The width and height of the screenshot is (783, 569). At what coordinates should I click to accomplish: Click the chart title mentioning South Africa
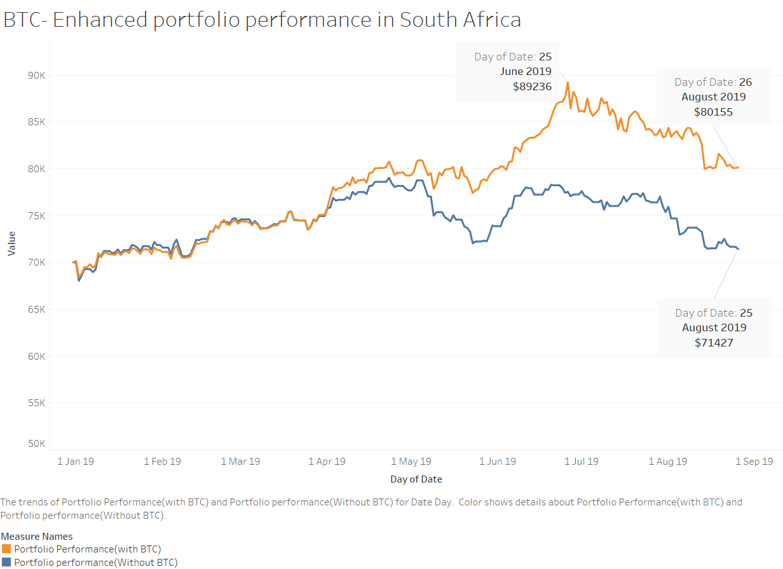(262, 20)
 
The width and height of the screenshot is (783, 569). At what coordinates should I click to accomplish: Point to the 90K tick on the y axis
(36, 75)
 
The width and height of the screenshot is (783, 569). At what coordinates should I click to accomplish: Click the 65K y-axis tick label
(36, 310)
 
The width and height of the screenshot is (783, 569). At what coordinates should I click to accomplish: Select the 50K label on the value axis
(36, 444)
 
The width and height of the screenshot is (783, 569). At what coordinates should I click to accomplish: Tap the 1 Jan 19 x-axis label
(76, 462)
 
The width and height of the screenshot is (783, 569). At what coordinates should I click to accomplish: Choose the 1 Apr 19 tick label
(327, 462)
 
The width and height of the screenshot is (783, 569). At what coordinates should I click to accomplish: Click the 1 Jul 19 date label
(581, 462)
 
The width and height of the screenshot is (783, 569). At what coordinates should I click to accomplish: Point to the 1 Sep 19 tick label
(754, 462)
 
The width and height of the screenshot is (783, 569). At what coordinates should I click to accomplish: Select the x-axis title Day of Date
(416, 479)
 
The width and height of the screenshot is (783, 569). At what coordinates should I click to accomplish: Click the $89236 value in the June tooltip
(532, 86)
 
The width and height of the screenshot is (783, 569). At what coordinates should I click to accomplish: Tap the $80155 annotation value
(713, 112)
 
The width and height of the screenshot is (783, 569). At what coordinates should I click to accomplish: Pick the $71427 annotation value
(714, 343)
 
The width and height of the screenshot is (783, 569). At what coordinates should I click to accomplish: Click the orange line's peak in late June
(568, 82)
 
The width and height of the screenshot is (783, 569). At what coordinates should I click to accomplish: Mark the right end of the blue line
(738, 249)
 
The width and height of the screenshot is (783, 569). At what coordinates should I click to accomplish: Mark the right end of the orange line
(738, 167)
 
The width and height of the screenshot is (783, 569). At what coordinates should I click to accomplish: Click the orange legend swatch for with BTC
(6, 549)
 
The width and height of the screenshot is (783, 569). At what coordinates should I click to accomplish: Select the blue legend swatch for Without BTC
(6, 563)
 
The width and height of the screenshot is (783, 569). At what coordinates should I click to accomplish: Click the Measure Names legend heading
(37, 537)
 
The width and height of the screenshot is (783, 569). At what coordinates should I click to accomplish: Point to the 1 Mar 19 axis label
(240, 462)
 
